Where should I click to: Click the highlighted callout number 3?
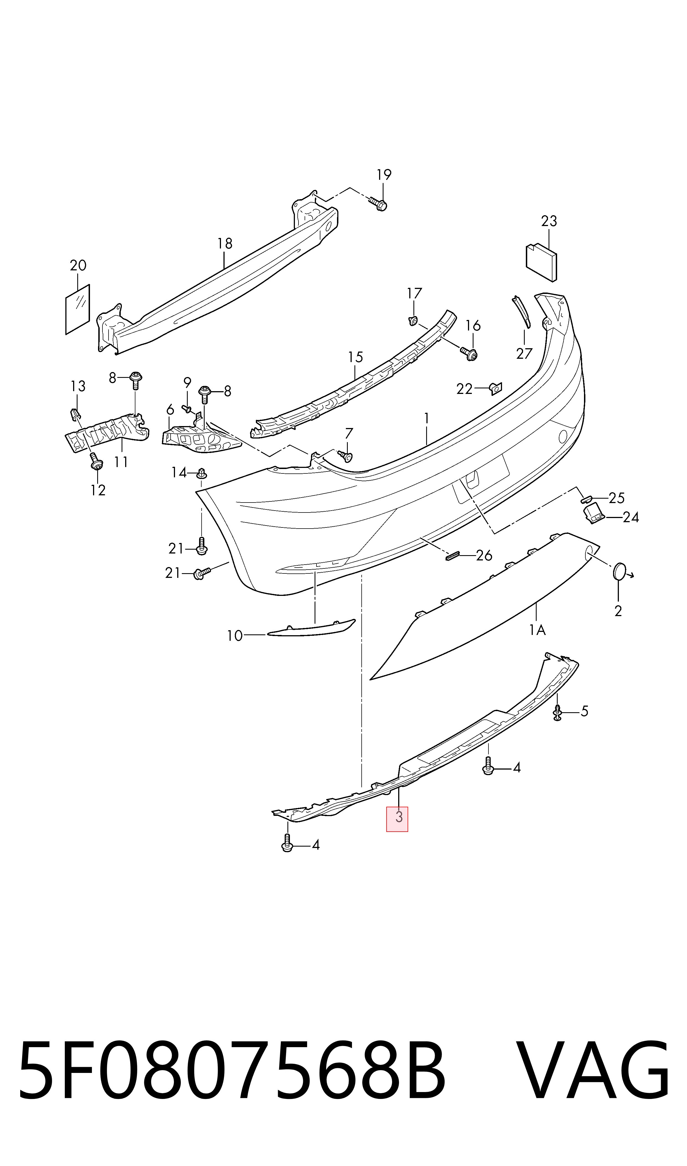point(398,817)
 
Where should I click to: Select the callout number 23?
point(549,221)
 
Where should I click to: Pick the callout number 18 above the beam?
point(225,244)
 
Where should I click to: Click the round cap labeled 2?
point(619,572)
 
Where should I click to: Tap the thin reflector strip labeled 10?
point(311,628)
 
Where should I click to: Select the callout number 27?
point(524,354)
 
